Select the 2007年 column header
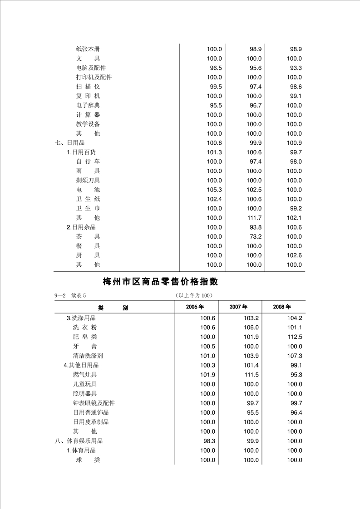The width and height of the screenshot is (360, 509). pos(238,307)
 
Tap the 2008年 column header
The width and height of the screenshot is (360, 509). pos(282,307)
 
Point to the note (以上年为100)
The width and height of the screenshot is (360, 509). pos(194,296)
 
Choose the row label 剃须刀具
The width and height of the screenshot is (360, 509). pos(88,180)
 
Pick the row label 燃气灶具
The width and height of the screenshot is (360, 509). pos(84,375)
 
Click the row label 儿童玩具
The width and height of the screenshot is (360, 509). pos(84,384)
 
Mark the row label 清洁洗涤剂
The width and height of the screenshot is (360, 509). pos(88,356)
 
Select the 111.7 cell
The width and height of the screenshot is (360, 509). pos(254,218)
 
